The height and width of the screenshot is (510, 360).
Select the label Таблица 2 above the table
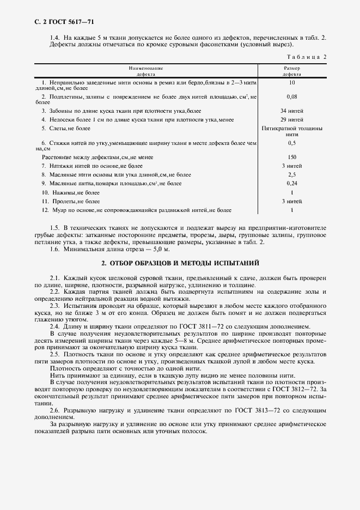click(306, 56)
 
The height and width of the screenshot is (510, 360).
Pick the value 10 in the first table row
click(292, 82)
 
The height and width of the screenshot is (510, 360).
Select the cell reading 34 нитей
click(292, 111)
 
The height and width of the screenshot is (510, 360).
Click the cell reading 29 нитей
click(292, 119)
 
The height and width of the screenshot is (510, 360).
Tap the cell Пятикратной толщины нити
click(292, 131)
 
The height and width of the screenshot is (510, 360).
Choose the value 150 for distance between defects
click(292, 156)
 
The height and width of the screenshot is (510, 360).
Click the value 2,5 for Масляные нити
click(292, 174)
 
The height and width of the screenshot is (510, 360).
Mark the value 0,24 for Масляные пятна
click(292, 184)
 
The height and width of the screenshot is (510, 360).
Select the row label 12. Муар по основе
click(136, 210)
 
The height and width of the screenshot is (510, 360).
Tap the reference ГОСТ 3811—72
click(205, 326)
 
